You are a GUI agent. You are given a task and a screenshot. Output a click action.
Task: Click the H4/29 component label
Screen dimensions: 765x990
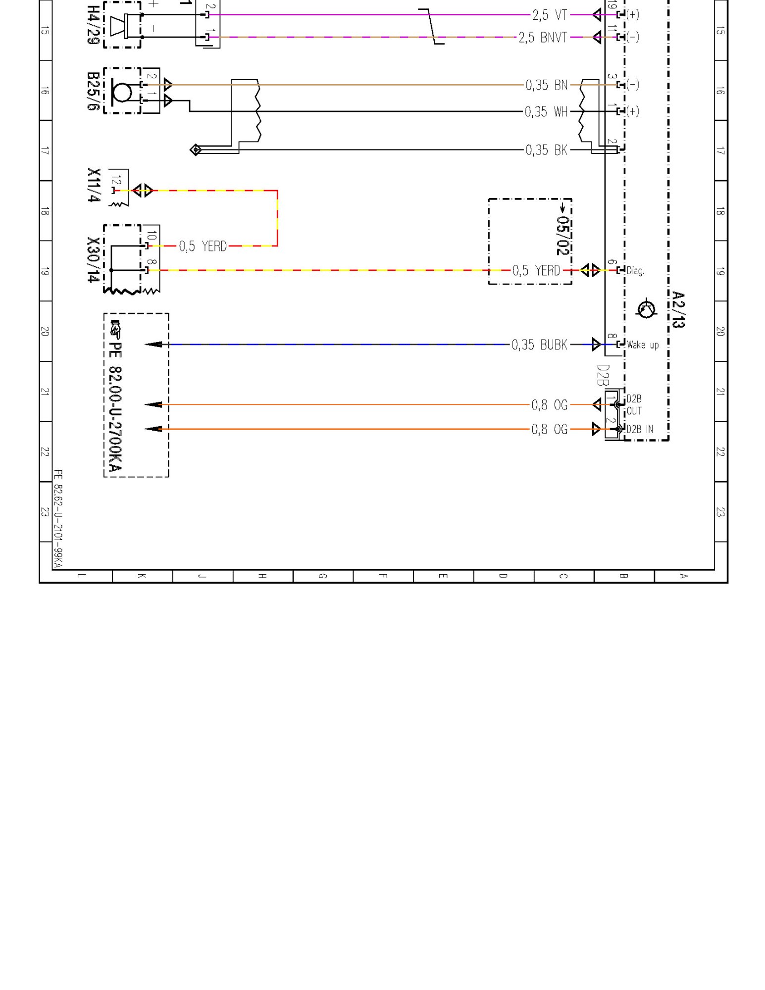[93, 25]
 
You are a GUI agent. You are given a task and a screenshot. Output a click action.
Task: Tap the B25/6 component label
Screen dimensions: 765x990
[93, 91]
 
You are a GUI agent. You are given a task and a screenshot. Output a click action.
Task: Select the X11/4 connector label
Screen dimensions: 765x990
[94, 185]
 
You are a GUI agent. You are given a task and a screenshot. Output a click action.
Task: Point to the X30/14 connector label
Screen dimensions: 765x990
[94, 260]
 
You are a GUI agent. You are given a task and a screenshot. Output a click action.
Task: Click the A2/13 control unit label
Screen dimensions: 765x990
[678, 310]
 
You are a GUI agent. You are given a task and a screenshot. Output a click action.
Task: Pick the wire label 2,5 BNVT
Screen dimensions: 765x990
[543, 38]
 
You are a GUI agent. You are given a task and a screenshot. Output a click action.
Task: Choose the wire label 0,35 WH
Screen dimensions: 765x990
[546, 112]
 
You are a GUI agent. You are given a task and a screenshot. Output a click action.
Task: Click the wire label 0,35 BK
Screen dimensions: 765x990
[547, 150]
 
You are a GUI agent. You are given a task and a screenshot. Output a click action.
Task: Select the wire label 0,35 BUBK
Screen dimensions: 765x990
[540, 345]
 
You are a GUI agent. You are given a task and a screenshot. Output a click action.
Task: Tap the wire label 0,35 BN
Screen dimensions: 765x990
[547, 85]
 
